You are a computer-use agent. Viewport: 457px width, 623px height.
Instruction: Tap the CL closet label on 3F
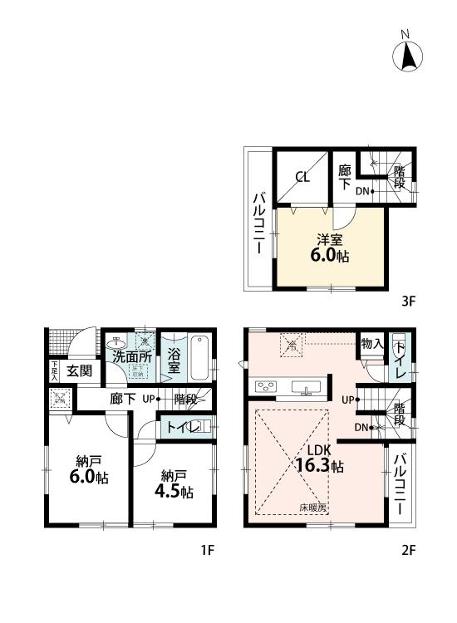tap(302, 176)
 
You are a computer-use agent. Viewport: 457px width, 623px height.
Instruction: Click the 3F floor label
tap(408, 302)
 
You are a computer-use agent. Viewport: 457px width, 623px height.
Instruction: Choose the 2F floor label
tap(408, 550)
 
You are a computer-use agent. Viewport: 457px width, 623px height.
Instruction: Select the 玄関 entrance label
tap(79, 370)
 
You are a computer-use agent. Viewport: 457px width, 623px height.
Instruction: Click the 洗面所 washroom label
tap(131, 356)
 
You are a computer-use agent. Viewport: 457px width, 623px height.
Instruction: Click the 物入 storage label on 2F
tap(371, 343)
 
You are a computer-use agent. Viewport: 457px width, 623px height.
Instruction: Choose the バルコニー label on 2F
tap(400, 483)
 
